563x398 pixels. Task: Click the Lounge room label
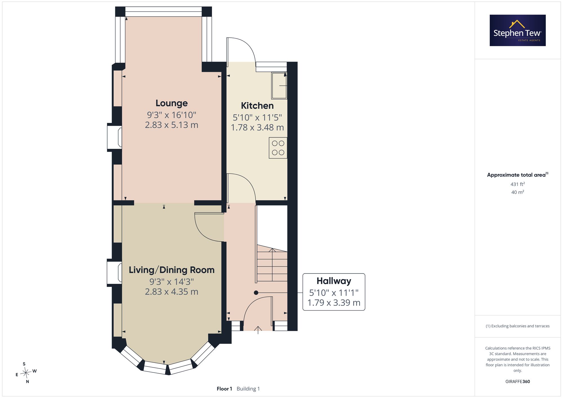171,103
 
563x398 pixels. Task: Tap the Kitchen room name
257,106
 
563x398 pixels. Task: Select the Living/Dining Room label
171,270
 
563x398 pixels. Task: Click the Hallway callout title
334,281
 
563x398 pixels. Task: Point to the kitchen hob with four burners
278,148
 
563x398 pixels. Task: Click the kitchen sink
279,86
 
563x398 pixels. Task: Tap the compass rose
26,373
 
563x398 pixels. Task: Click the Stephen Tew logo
518,30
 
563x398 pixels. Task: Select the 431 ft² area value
518,184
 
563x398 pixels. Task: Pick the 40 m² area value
518,192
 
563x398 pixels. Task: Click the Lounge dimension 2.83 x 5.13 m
171,125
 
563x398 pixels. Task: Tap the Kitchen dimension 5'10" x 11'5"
257,117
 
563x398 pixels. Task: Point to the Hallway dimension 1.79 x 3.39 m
334,303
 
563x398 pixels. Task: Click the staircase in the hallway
272,263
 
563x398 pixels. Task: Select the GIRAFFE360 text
518,382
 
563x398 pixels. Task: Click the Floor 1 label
224,389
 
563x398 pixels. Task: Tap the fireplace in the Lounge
115,138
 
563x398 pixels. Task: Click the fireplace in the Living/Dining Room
114,273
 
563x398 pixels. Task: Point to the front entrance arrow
258,330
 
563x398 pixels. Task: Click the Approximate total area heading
518,175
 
